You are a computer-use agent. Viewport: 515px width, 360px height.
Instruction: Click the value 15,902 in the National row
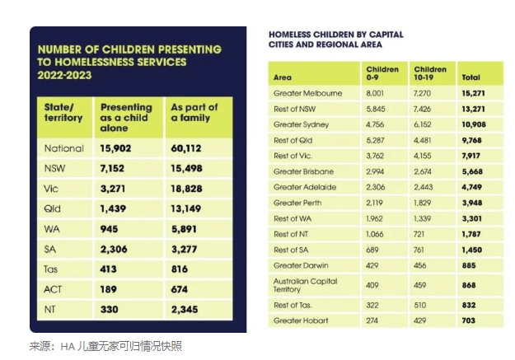[x=119, y=149]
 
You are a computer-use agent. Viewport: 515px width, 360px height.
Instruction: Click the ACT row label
[x=52, y=289]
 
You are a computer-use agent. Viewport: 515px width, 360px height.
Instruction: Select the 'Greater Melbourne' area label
[x=307, y=93]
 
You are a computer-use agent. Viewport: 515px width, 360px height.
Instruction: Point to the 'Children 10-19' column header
[x=429, y=73]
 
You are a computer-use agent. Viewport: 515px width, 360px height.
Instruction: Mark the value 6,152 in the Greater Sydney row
[x=426, y=124]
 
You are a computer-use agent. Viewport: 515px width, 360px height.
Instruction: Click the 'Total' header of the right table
[x=470, y=78]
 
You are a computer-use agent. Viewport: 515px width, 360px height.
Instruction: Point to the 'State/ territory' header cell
[x=63, y=113]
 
